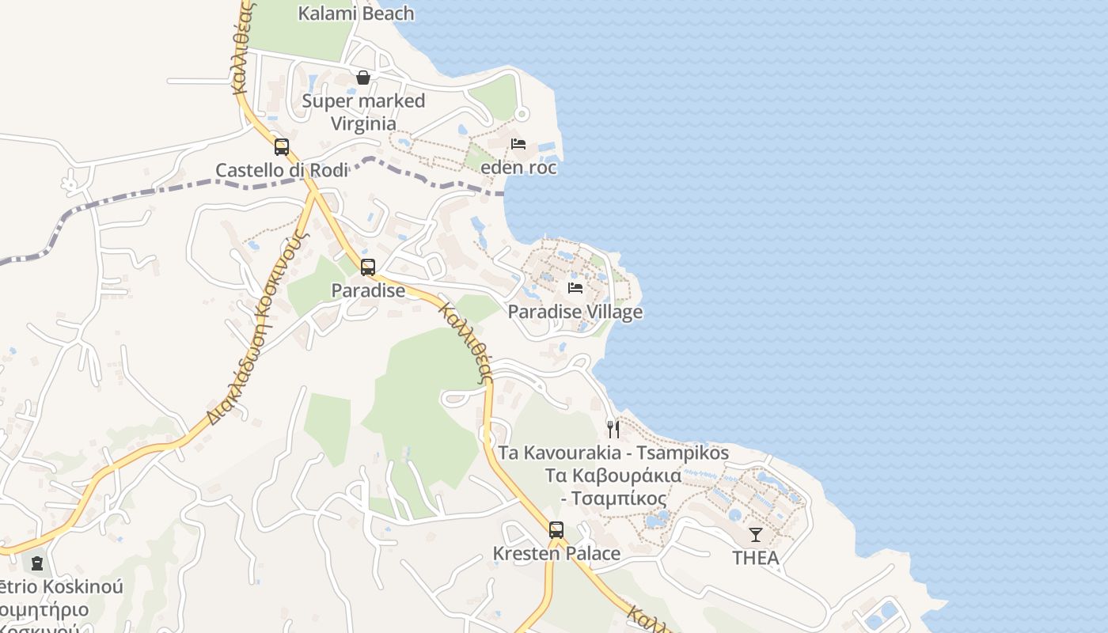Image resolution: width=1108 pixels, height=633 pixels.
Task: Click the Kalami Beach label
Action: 356,13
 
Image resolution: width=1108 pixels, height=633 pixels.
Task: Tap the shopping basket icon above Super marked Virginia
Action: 363,78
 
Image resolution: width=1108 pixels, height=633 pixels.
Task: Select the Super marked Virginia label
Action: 363,112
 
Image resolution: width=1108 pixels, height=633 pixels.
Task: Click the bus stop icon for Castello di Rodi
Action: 282,147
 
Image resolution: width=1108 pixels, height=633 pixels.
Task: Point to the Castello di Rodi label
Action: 282,170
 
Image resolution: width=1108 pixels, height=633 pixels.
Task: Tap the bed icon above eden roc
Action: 518,144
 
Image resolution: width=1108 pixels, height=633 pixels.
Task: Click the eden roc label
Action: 518,168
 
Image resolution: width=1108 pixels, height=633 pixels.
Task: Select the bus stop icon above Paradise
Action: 368,267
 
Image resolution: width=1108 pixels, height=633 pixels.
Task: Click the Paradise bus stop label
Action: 368,290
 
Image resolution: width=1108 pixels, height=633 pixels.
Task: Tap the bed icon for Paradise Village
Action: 575,288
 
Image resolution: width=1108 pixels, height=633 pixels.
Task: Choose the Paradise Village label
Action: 575,312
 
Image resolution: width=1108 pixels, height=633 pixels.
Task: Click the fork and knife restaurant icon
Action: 613,430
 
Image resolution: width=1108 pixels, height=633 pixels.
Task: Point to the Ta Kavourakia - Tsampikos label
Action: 613,453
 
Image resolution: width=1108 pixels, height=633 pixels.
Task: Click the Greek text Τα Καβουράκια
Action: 613,476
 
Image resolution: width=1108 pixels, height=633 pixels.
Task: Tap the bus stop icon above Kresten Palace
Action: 556,530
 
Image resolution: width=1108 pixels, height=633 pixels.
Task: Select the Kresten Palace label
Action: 556,554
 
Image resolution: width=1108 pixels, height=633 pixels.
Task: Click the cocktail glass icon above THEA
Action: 756,534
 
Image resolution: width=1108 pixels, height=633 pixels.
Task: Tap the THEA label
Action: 756,558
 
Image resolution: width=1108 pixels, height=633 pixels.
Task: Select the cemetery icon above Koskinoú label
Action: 36,564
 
